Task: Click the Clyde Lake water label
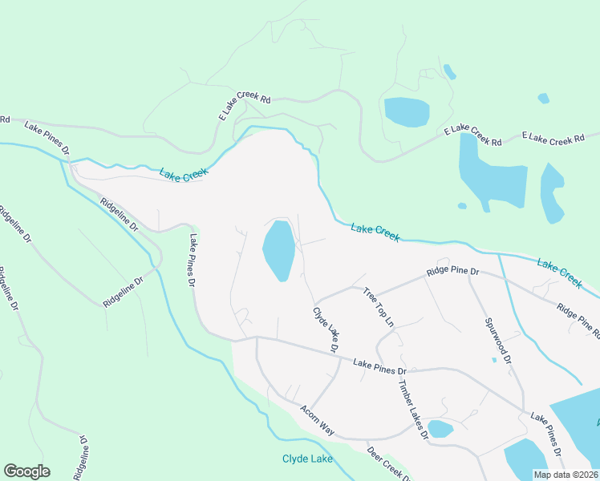click(x=306, y=459)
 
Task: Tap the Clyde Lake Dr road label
click(x=326, y=329)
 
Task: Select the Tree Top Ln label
click(x=379, y=306)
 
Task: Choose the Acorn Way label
click(x=318, y=419)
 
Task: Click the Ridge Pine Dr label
click(x=452, y=271)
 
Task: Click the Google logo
click(x=26, y=471)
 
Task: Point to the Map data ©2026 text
click(x=566, y=475)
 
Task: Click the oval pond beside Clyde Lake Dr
click(x=278, y=249)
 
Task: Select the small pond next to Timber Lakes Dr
click(x=440, y=429)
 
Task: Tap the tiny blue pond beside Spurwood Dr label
click(x=494, y=360)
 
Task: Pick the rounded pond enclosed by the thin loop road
click(x=407, y=111)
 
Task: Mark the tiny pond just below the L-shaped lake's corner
click(x=462, y=206)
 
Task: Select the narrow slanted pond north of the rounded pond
click(x=449, y=72)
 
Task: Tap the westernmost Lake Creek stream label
click(x=184, y=174)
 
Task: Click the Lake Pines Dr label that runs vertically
click(x=193, y=261)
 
